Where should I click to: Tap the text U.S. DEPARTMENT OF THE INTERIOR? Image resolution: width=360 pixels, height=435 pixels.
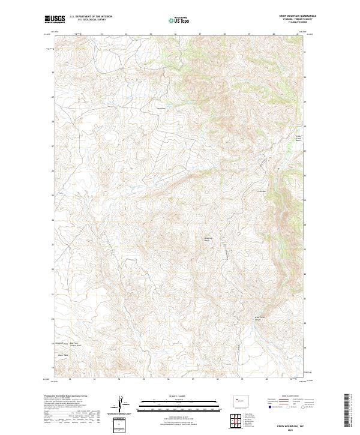click(x=91, y=17)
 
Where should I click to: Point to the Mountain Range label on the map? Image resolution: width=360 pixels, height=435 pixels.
click(x=209, y=239)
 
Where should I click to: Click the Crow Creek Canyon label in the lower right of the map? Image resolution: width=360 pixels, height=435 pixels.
click(x=260, y=318)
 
